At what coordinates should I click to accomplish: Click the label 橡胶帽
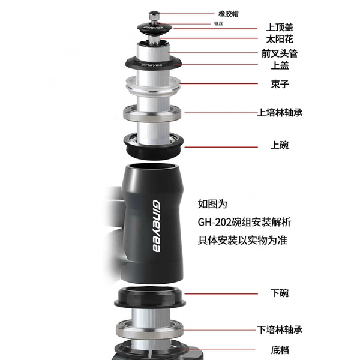(x=229, y=14)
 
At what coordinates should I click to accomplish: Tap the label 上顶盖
(x=280, y=27)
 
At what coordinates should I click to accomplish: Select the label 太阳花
(x=280, y=39)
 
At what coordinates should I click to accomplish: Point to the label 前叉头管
(x=280, y=53)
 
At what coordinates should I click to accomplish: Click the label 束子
(x=280, y=84)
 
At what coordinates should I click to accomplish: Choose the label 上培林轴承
(x=280, y=113)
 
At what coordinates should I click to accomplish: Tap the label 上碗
(x=280, y=145)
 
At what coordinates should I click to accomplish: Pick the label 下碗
(x=280, y=293)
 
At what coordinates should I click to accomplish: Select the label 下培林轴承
(x=280, y=329)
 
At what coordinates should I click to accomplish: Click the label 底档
(x=280, y=350)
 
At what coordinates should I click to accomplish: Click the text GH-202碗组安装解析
(x=244, y=222)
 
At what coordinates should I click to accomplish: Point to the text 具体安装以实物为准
(x=242, y=241)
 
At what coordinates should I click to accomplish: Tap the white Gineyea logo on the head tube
(x=157, y=226)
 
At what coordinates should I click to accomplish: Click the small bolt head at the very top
(x=154, y=16)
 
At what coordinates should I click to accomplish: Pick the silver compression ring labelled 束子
(x=152, y=86)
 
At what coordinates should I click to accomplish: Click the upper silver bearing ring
(x=152, y=113)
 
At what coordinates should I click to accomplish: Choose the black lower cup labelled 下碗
(x=150, y=298)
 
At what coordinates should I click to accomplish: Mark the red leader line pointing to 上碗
(x=221, y=147)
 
